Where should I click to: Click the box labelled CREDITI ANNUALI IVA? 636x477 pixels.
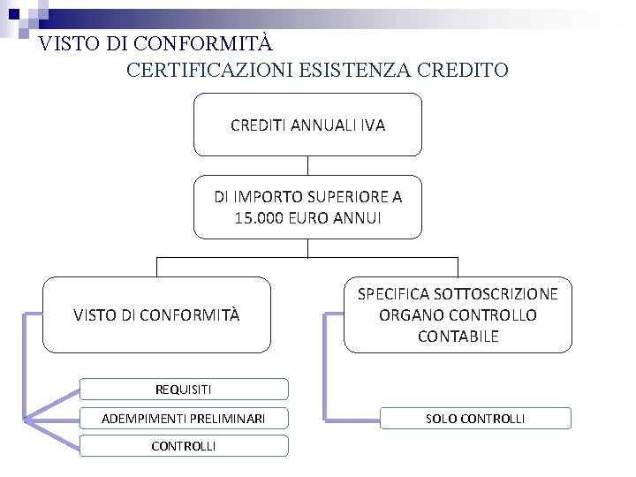[x=307, y=125]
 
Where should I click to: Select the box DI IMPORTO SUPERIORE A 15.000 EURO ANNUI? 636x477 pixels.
[x=307, y=208]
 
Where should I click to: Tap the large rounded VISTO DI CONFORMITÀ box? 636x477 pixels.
[x=156, y=315]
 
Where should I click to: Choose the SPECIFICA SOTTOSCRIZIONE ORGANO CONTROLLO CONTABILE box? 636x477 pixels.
[x=458, y=315]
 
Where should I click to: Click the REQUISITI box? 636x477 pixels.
[x=184, y=390]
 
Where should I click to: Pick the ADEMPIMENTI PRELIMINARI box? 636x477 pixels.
[x=184, y=418]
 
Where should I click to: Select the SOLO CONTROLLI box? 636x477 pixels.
[x=475, y=418]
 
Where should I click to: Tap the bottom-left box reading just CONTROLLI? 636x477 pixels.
[x=184, y=446]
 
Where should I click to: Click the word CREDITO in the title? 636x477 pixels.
[x=465, y=70]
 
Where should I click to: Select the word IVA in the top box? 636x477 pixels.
[x=373, y=125]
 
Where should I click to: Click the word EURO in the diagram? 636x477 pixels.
[x=306, y=218]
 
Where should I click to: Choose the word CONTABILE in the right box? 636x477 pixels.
[x=458, y=337]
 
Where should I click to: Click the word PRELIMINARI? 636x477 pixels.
[x=232, y=418]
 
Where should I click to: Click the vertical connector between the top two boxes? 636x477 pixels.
[x=307, y=166]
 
